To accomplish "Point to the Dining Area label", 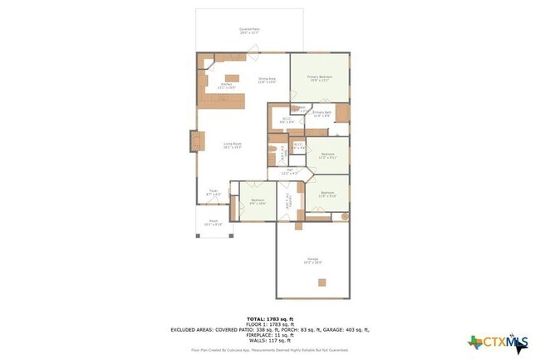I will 266,81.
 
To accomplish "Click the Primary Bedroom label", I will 319,79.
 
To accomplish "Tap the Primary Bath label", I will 322,114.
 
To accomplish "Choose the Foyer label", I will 214,193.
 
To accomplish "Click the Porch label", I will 213,224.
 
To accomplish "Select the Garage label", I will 312,261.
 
